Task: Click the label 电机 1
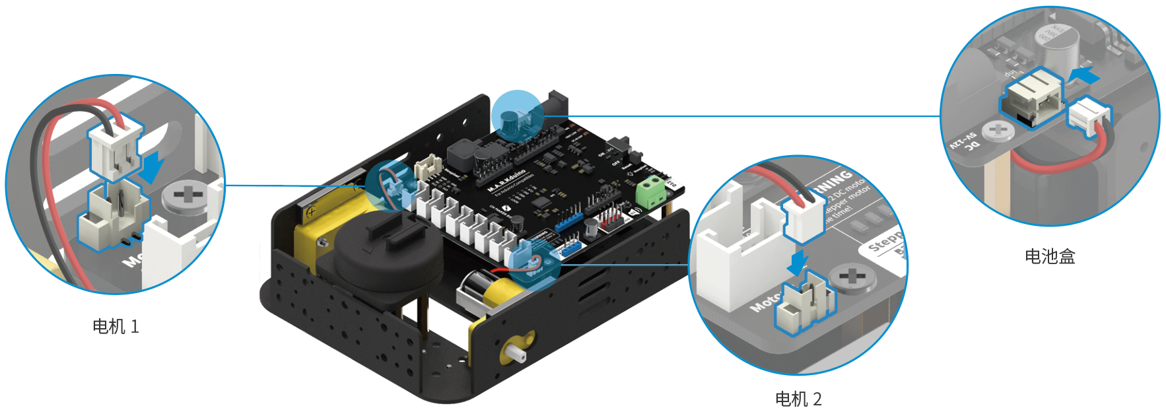pyautogui.click(x=116, y=326)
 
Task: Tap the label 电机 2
pyautogui.click(x=798, y=399)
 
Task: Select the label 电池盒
pyautogui.click(x=1050, y=256)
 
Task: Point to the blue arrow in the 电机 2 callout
pyautogui.click(x=798, y=262)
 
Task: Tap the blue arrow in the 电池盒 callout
pyautogui.click(x=1084, y=75)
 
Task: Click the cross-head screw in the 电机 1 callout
pyautogui.click(x=186, y=196)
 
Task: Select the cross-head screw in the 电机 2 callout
pyautogui.click(x=852, y=277)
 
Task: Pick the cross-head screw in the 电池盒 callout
pyautogui.click(x=998, y=130)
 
